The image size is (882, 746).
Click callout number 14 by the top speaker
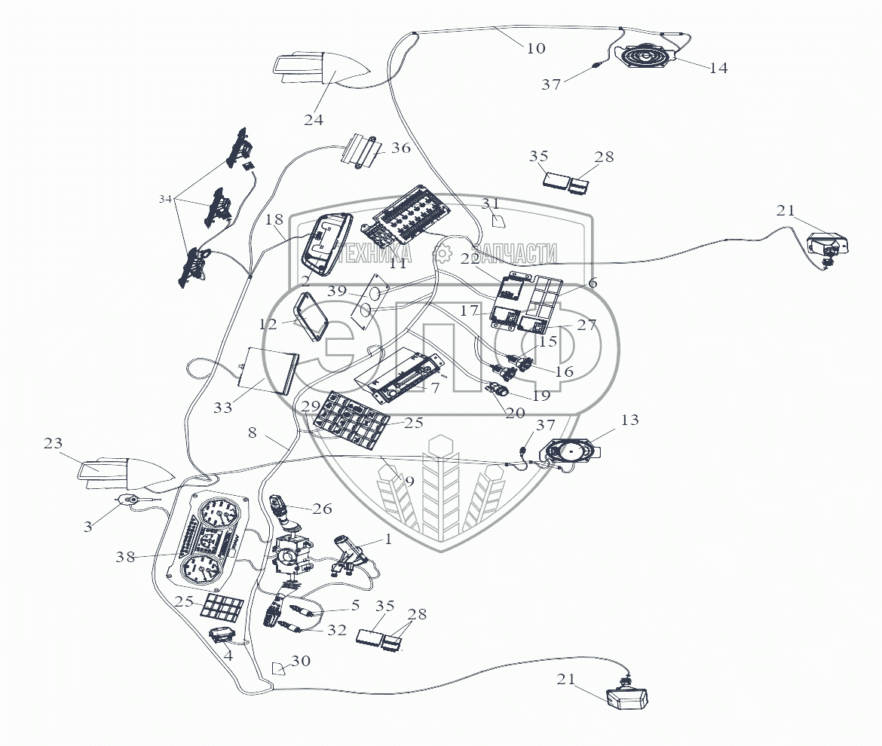[718, 68]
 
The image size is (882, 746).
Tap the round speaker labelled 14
[646, 57]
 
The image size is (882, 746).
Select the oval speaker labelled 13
[574, 452]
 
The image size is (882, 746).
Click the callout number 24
[314, 120]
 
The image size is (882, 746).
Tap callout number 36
[401, 148]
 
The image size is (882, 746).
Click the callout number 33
[223, 408]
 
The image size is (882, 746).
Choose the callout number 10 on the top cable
[534, 48]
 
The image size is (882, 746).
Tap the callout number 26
[322, 509]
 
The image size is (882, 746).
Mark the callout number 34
[165, 199]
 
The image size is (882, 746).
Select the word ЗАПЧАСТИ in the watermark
[514, 254]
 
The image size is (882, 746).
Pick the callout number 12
[268, 324]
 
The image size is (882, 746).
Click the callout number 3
[88, 527]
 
